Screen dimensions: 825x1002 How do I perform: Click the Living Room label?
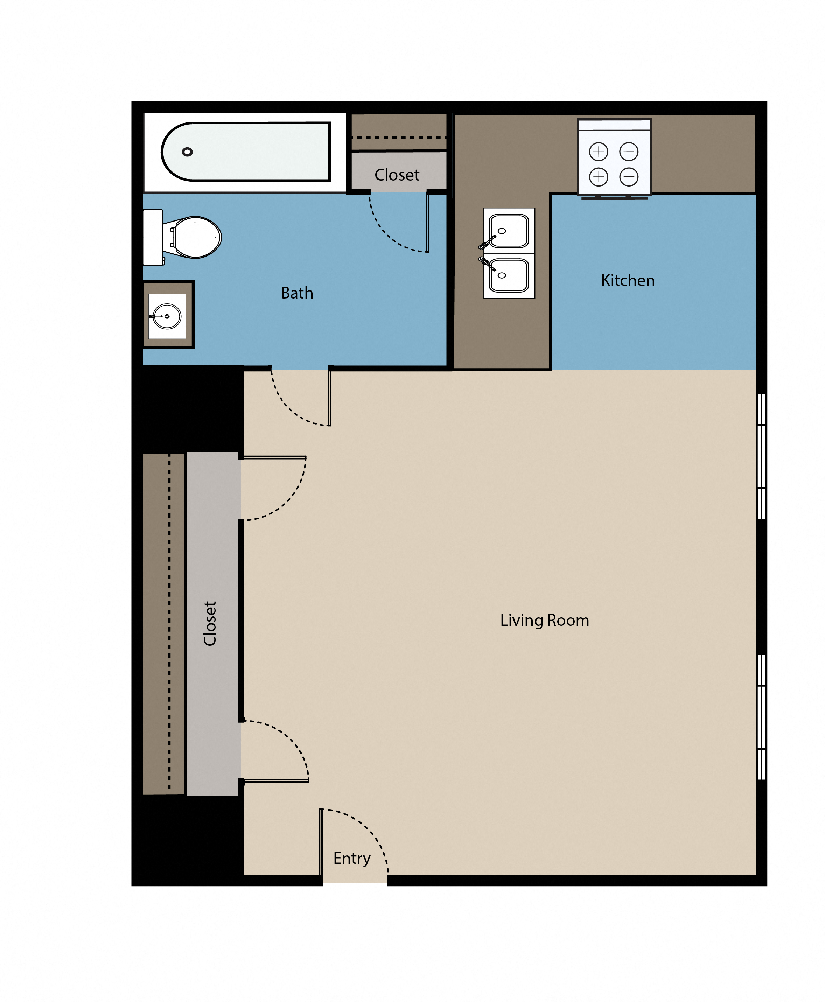tap(545, 621)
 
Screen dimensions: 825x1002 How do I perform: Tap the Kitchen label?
tap(628, 280)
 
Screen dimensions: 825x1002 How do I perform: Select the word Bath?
tap(297, 293)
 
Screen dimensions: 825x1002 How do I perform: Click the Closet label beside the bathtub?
tap(397, 175)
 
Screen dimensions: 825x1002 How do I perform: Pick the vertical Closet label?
tap(210, 623)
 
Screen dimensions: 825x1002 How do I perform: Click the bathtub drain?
tap(187, 152)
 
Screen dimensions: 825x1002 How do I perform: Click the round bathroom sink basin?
tap(167, 316)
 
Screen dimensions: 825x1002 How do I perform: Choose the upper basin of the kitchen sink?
tap(509, 231)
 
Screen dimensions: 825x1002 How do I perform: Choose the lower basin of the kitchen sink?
tap(509, 275)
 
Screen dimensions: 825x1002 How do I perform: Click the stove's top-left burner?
tap(598, 152)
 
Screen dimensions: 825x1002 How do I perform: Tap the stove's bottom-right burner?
tap(629, 177)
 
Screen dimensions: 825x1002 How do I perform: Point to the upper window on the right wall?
tap(761, 456)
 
